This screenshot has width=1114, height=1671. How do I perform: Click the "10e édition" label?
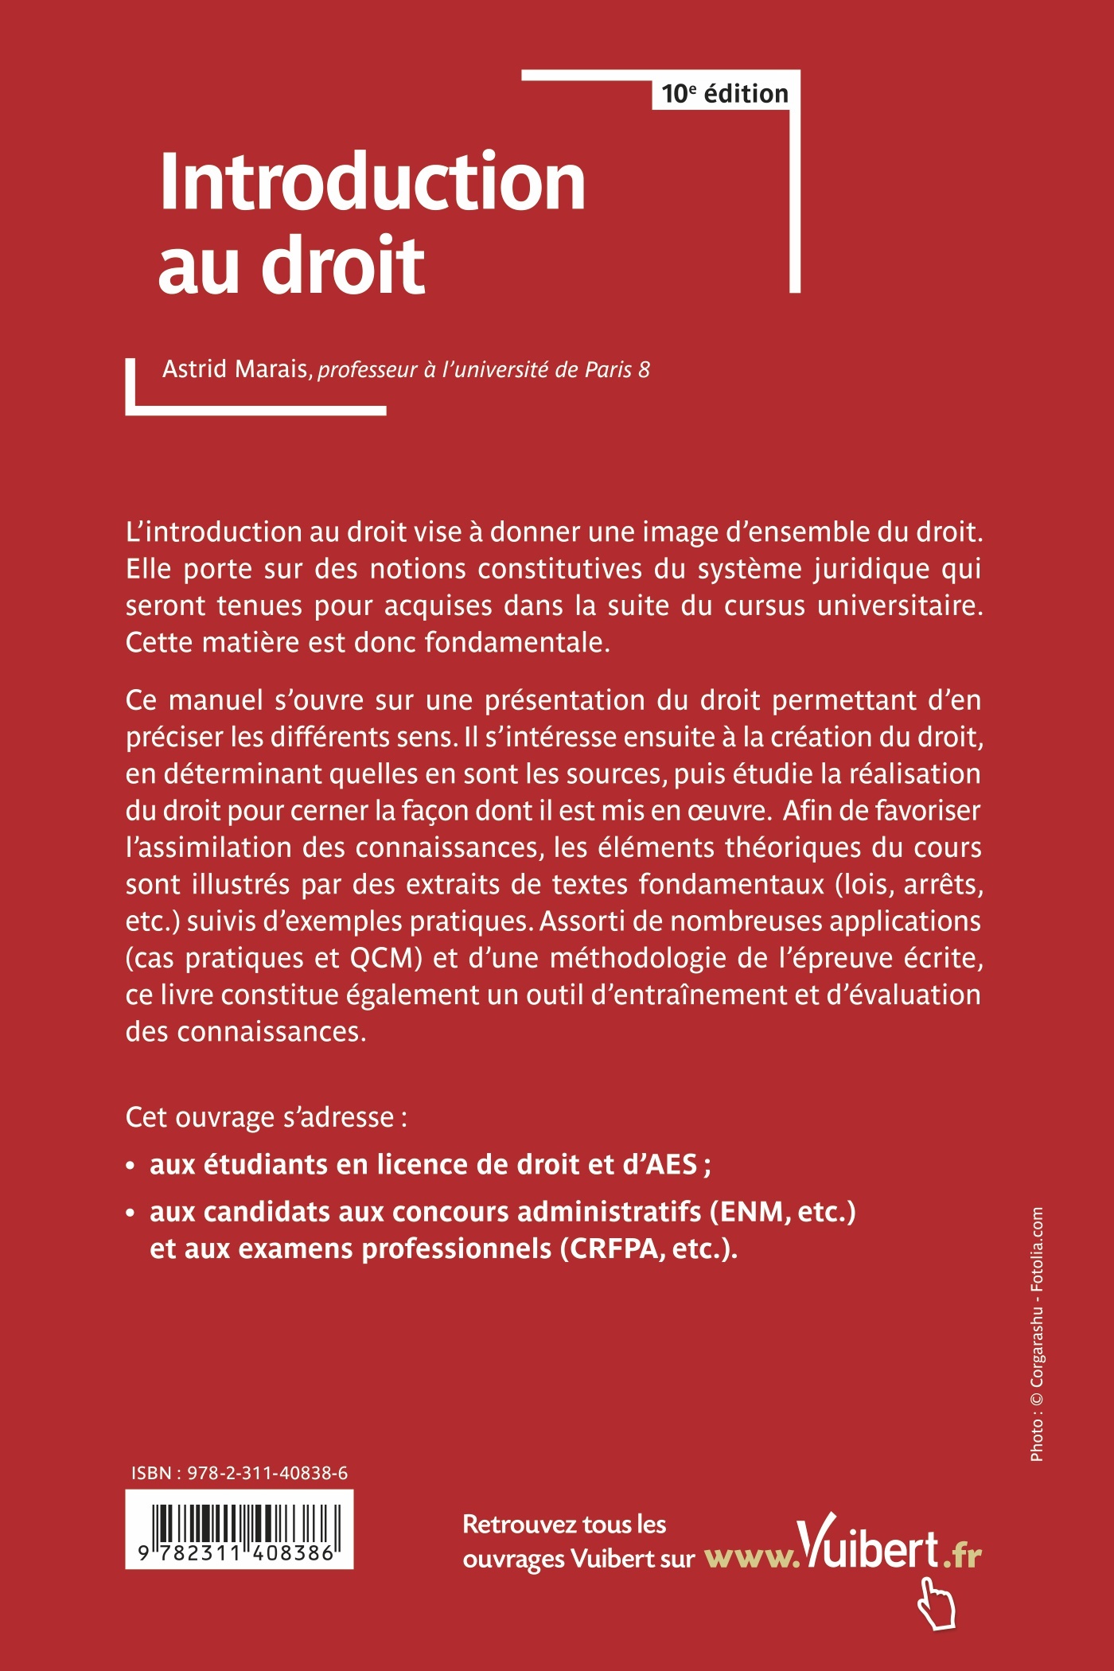click(x=724, y=94)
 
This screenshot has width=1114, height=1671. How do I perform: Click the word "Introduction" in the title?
click(x=372, y=182)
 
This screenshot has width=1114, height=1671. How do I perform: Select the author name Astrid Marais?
click(x=236, y=369)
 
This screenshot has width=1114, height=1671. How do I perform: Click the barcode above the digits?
click(x=239, y=1524)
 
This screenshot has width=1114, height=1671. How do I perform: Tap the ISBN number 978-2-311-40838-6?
click(x=267, y=1474)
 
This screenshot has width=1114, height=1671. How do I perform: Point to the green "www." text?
click(x=750, y=1558)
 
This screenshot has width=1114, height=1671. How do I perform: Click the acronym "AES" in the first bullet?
click(x=672, y=1165)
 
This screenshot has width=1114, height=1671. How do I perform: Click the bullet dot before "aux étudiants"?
click(x=130, y=1167)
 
